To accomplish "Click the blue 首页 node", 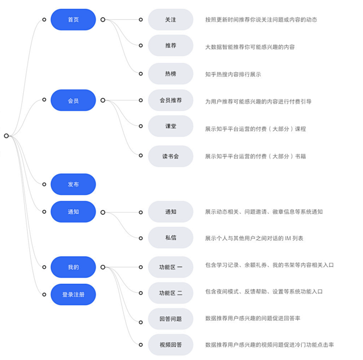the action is tap(73, 20).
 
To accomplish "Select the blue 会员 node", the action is tap(73, 100).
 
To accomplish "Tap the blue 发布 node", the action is tap(73, 184).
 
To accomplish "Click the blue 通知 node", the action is tap(73, 211).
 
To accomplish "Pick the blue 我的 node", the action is tap(73, 267).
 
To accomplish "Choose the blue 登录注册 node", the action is tap(73, 294).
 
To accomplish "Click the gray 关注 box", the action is tap(170, 20).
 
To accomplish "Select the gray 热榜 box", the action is tap(170, 73).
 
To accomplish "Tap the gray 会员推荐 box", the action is tap(170, 100).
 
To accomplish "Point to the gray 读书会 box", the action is tap(170, 156).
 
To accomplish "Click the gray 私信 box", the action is tap(170, 237).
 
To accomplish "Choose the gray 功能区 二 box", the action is tap(170, 293).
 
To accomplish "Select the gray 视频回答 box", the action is tap(170, 345).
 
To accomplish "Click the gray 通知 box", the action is tap(170, 211).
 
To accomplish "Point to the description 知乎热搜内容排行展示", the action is tap(233, 75).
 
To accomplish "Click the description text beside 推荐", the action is tap(250, 47).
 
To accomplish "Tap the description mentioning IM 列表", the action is tap(254, 238).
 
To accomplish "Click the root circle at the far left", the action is tap(6, 136).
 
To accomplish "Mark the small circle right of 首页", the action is tap(103, 20).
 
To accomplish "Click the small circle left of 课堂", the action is tap(141, 126).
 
